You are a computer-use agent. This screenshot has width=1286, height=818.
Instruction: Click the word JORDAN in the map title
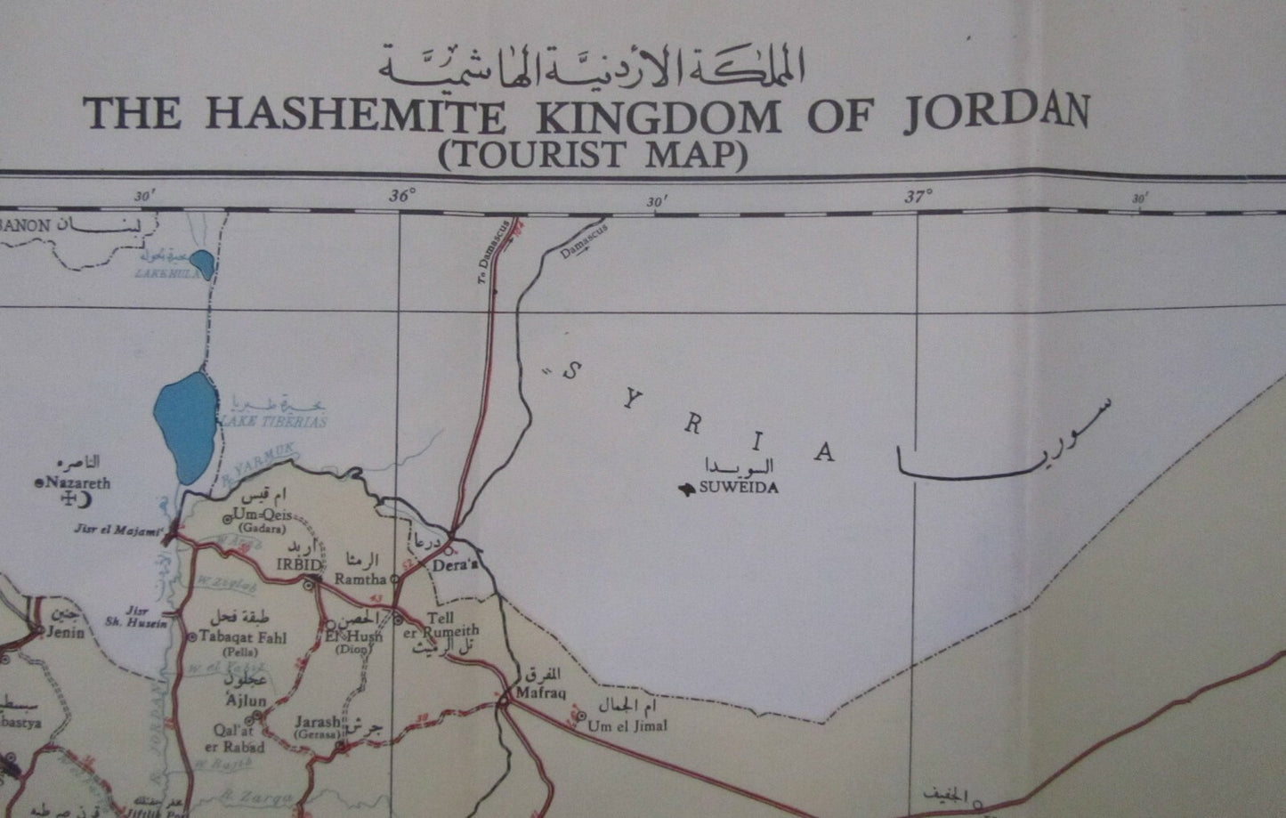[996, 115]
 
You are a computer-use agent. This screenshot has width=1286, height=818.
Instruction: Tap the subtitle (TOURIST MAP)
[591, 154]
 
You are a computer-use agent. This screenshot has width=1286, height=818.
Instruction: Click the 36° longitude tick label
[401, 197]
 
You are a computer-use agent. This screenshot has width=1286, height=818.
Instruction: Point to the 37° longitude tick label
[918, 197]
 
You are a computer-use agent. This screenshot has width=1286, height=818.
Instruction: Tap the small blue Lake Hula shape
[203, 263]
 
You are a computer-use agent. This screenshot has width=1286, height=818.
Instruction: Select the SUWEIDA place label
[739, 488]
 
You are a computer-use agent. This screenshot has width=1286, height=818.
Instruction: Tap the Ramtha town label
[360, 579]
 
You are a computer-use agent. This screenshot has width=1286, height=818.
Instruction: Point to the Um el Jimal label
[627, 725]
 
